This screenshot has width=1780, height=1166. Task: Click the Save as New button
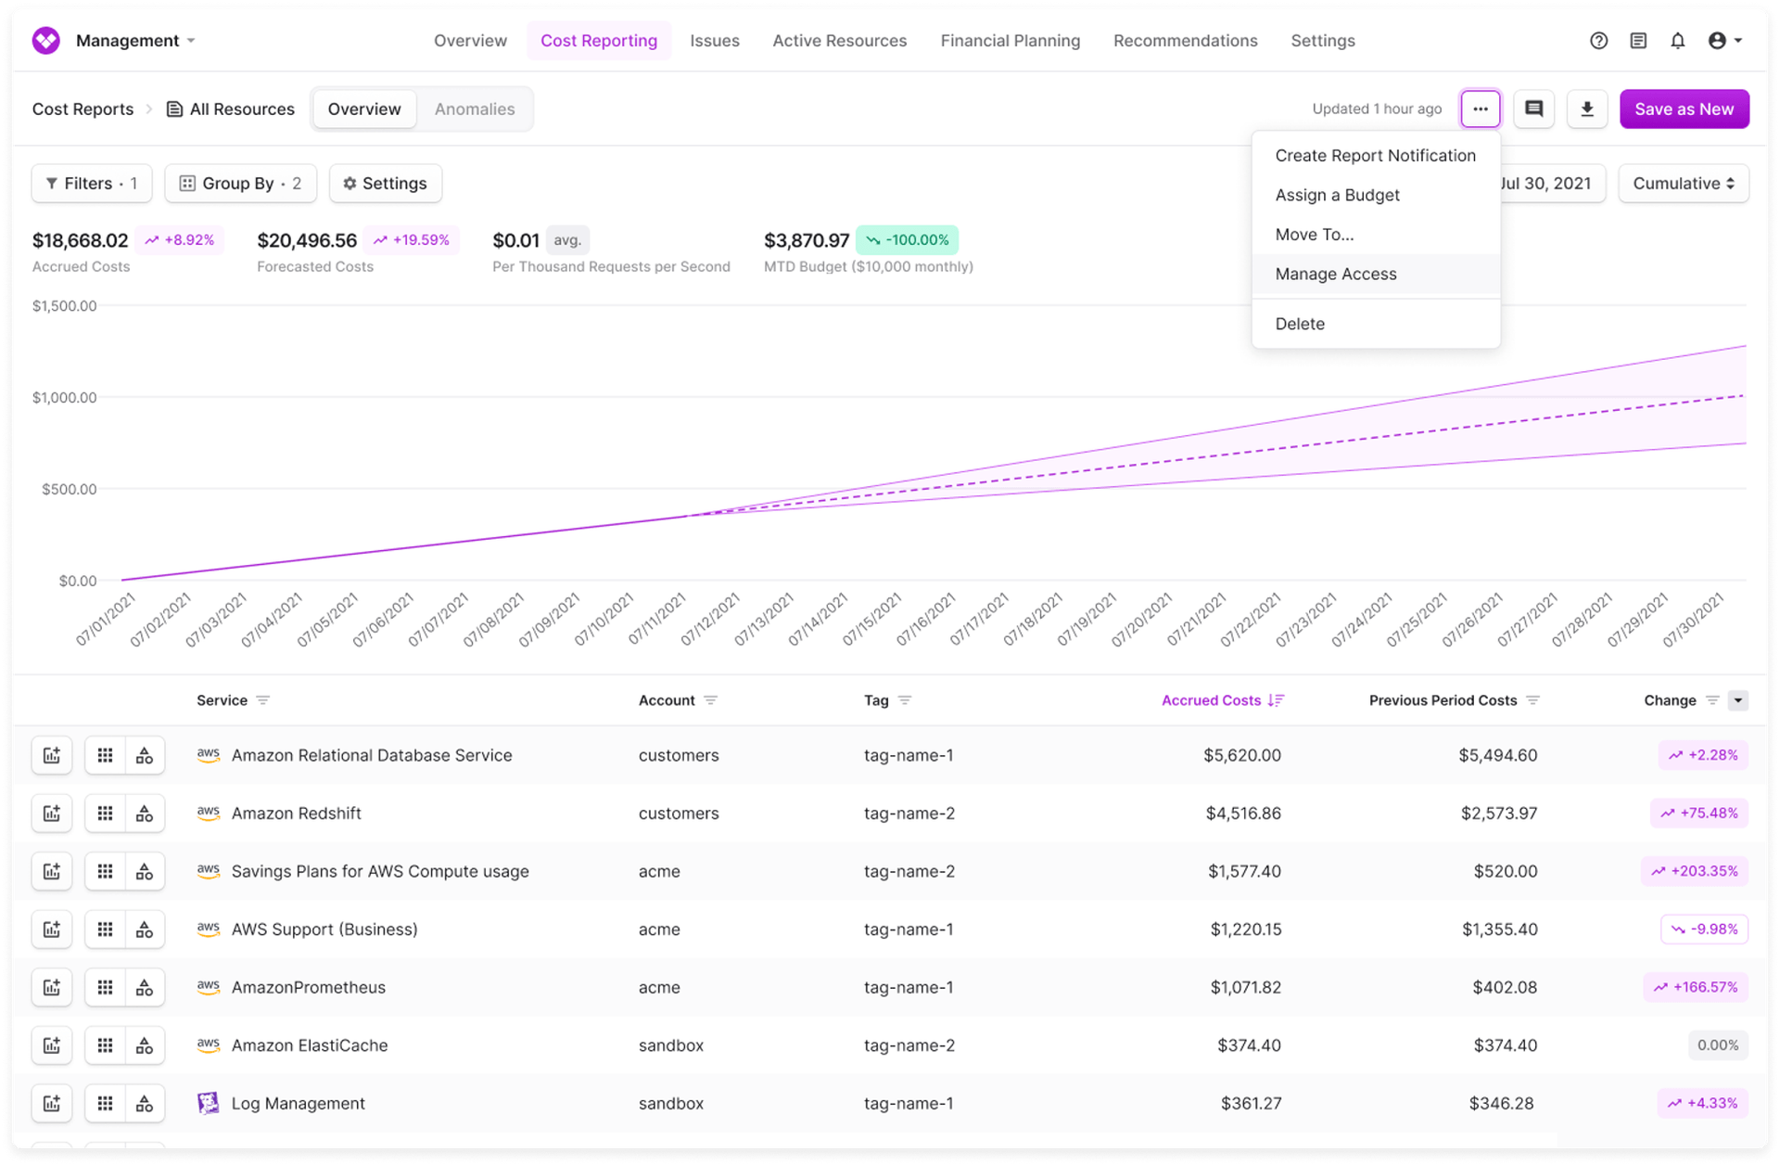[1684, 109]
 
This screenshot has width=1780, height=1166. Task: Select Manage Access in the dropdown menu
[1335, 275]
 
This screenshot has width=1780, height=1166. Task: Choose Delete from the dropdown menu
[1300, 324]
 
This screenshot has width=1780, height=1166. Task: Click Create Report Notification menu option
[1375, 156]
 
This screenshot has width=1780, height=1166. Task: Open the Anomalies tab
[474, 109]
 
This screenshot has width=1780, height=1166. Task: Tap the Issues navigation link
[714, 41]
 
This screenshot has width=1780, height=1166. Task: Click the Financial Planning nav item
[1010, 41]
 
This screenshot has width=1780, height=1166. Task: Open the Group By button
[240, 184]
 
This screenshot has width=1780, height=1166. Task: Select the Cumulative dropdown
[1683, 184]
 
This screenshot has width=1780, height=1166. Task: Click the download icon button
[1586, 109]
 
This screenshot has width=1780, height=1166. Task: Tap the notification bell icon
[1677, 41]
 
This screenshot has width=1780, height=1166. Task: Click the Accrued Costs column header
[1211, 700]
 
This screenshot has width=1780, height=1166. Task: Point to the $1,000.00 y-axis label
[64, 398]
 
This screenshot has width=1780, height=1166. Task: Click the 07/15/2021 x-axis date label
[871, 620]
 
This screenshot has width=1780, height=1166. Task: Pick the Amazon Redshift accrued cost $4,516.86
[1242, 814]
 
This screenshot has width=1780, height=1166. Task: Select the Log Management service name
[298, 1104]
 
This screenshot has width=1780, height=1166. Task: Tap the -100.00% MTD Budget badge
[907, 240]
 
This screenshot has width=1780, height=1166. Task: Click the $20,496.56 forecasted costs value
[307, 241]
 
